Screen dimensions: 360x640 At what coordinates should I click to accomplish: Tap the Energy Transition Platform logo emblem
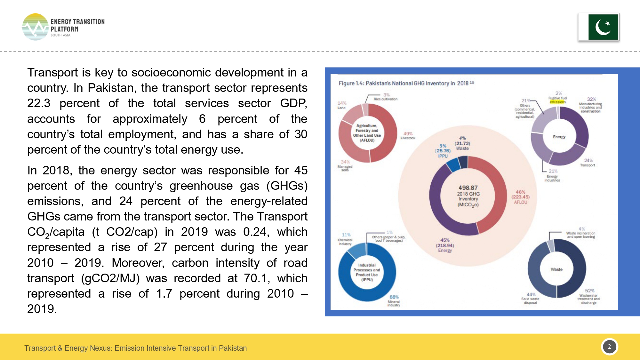pos(35,27)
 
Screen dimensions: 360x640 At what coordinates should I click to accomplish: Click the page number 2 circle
pos(609,347)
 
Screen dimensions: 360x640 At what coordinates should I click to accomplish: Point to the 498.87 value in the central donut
pos(468,188)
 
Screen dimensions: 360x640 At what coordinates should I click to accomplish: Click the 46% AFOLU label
pos(520,197)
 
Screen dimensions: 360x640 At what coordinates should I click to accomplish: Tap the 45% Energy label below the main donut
pos(445,245)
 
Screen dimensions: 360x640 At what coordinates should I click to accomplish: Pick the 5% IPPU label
pos(443,151)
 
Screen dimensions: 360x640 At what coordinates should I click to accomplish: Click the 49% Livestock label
pos(408,136)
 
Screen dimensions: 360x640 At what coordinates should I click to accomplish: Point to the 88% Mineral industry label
pos(394,301)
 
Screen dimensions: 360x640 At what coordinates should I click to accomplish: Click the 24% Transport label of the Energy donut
pos(588,163)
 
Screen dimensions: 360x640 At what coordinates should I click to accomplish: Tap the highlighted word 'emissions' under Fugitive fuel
pos(558,102)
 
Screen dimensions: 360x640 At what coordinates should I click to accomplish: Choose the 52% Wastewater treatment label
pos(589,296)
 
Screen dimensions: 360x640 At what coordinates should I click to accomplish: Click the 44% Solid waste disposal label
pos(530,298)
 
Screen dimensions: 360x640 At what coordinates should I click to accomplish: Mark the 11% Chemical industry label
pos(345,239)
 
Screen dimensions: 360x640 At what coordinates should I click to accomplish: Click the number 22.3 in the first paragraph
pos(39,103)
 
